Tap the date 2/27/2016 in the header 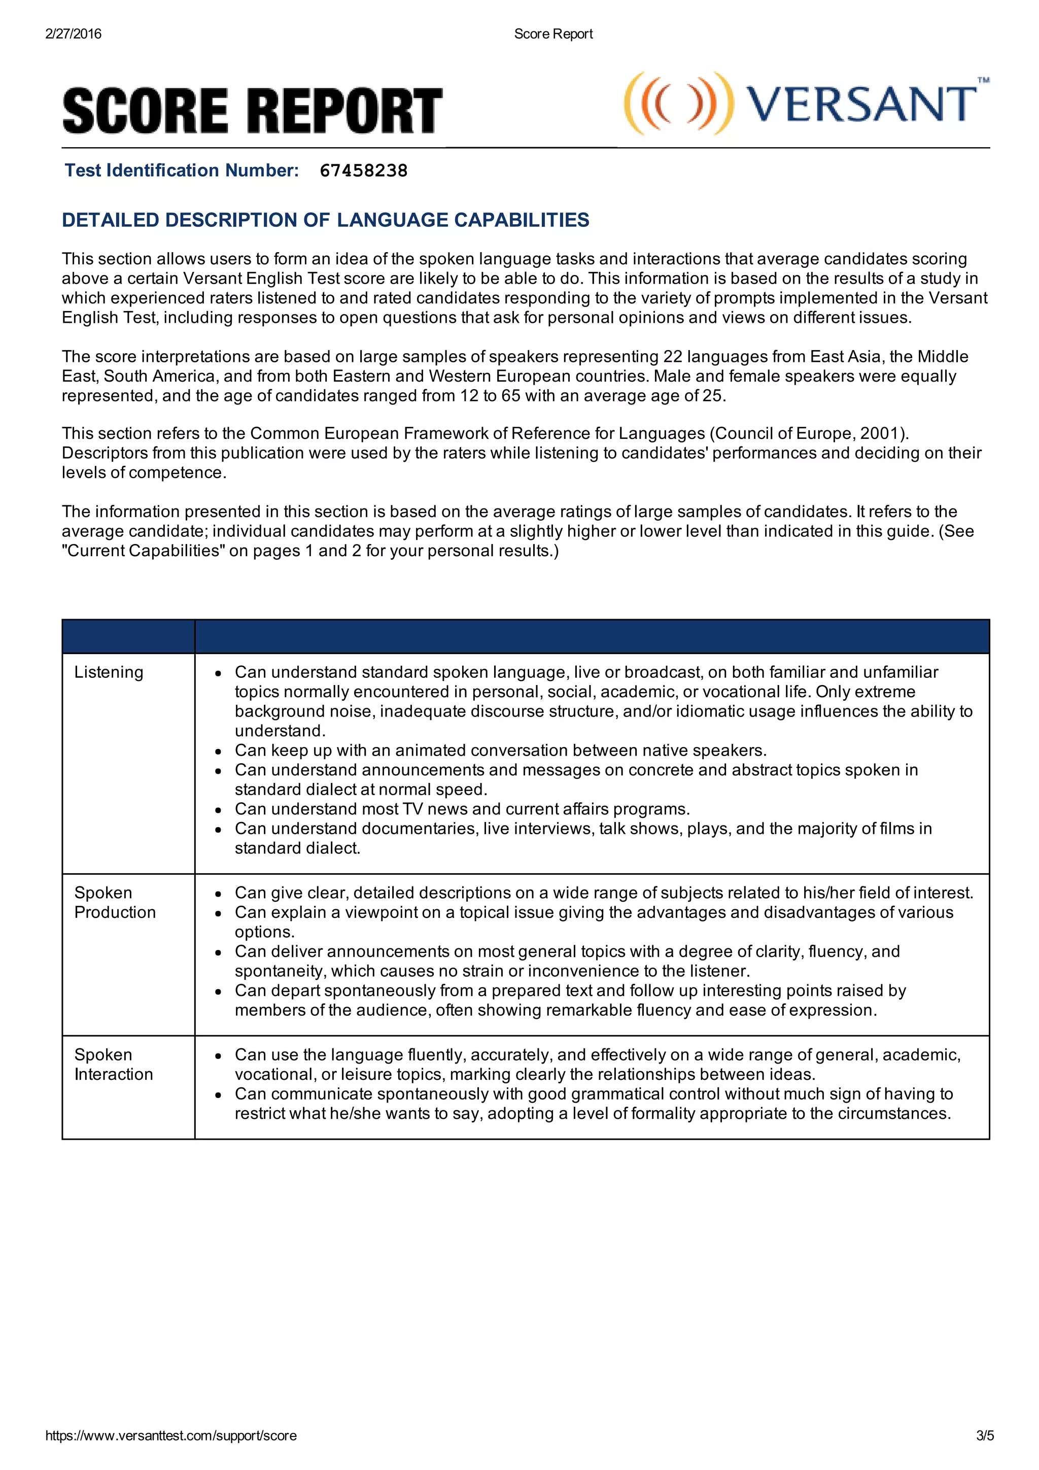pos(73,34)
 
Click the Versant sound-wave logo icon pos(678,104)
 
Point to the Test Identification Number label pos(182,170)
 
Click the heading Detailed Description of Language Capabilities pos(325,220)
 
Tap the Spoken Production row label pos(115,902)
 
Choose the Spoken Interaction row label pos(113,1064)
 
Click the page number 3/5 pos(985,1435)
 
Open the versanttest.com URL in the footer pos(171,1435)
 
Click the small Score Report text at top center pos(553,34)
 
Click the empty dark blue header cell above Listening pos(128,636)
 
